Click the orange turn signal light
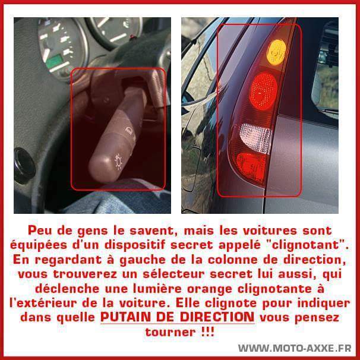(x=276, y=52)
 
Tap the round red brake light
(x=263, y=91)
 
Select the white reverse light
(x=255, y=138)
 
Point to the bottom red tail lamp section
(x=251, y=166)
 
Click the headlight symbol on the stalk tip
(x=118, y=162)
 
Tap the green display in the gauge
(x=55, y=61)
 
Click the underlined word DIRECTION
(x=217, y=317)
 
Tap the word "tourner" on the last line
(x=170, y=332)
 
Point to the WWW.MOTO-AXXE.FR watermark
(x=295, y=348)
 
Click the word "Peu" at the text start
(x=40, y=230)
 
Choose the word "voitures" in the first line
(x=270, y=230)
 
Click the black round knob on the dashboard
(x=24, y=166)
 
